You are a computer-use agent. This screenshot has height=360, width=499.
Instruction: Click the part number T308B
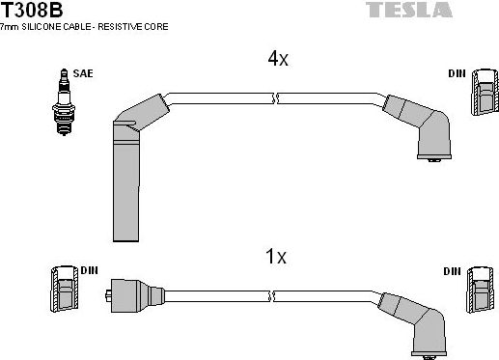click(32, 11)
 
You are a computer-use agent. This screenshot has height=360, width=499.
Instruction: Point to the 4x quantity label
click(277, 59)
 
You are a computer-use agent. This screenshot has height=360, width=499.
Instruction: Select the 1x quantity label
click(276, 257)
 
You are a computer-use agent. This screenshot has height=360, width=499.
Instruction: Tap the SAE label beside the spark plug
click(84, 72)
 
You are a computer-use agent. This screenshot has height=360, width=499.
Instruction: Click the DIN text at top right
click(456, 72)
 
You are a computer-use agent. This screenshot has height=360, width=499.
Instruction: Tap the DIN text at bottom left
click(89, 271)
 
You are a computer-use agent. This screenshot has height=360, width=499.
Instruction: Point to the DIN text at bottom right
click(451, 271)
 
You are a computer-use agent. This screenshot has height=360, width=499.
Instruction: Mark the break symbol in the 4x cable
click(277, 97)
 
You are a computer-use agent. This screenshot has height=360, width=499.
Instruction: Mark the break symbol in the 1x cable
click(277, 294)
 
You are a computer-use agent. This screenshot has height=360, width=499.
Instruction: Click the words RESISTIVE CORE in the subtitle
click(134, 27)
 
